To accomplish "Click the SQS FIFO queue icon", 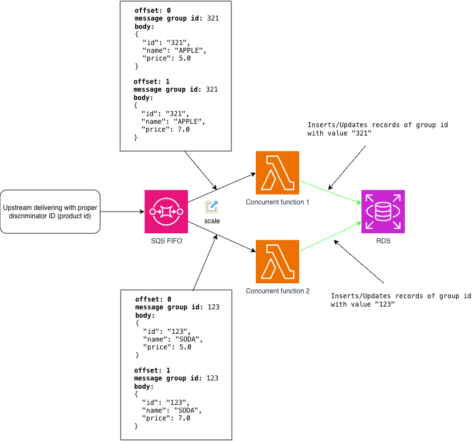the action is pyautogui.click(x=166, y=212).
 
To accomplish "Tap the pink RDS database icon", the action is pyautogui.click(x=383, y=212).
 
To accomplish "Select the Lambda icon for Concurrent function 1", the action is pyautogui.click(x=277, y=173).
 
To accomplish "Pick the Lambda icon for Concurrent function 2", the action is pyautogui.click(x=277, y=262).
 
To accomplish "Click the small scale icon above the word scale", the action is pyautogui.click(x=212, y=207).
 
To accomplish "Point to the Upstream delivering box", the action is pyautogui.click(x=50, y=212).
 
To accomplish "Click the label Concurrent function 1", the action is pyautogui.click(x=277, y=202).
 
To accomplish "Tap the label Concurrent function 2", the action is pyautogui.click(x=278, y=291).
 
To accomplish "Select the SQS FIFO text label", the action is pyautogui.click(x=166, y=241).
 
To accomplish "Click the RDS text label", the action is pyautogui.click(x=383, y=241).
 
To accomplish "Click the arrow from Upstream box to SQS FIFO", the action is pyautogui.click(x=122, y=212).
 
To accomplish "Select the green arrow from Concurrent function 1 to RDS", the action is pyautogui.click(x=330, y=192).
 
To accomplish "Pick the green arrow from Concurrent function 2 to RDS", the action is pyautogui.click(x=330, y=237).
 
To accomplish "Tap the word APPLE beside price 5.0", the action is pyautogui.click(x=188, y=51).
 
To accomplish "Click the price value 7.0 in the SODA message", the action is pyautogui.click(x=184, y=418).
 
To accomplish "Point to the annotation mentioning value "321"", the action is pyautogui.click(x=378, y=129).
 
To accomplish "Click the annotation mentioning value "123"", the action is pyautogui.click(x=401, y=300).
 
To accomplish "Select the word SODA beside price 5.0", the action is pyautogui.click(x=187, y=339).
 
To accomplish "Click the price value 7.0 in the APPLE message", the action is pyautogui.click(x=184, y=129).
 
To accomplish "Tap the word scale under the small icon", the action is pyautogui.click(x=212, y=221).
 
